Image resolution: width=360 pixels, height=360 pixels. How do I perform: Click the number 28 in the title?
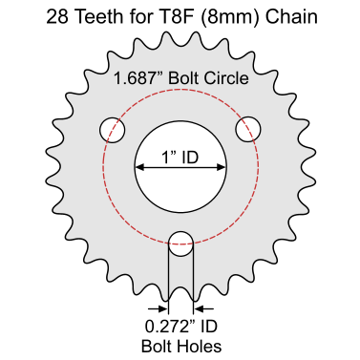coord(57,17)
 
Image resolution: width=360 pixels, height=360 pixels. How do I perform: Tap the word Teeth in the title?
coord(99,17)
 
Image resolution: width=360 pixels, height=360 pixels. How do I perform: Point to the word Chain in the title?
coord(292,17)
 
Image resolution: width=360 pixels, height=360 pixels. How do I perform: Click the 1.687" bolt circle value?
coord(138,78)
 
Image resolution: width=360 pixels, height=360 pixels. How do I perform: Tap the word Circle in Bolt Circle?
coord(226,78)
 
